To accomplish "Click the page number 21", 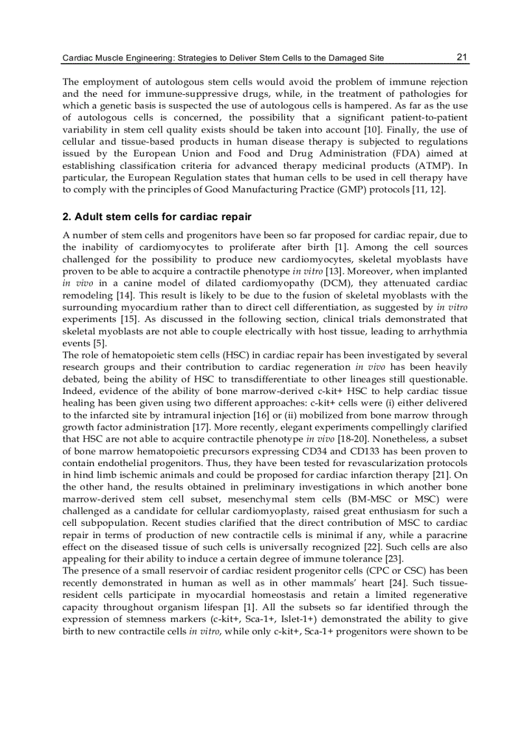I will click(x=462, y=57).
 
